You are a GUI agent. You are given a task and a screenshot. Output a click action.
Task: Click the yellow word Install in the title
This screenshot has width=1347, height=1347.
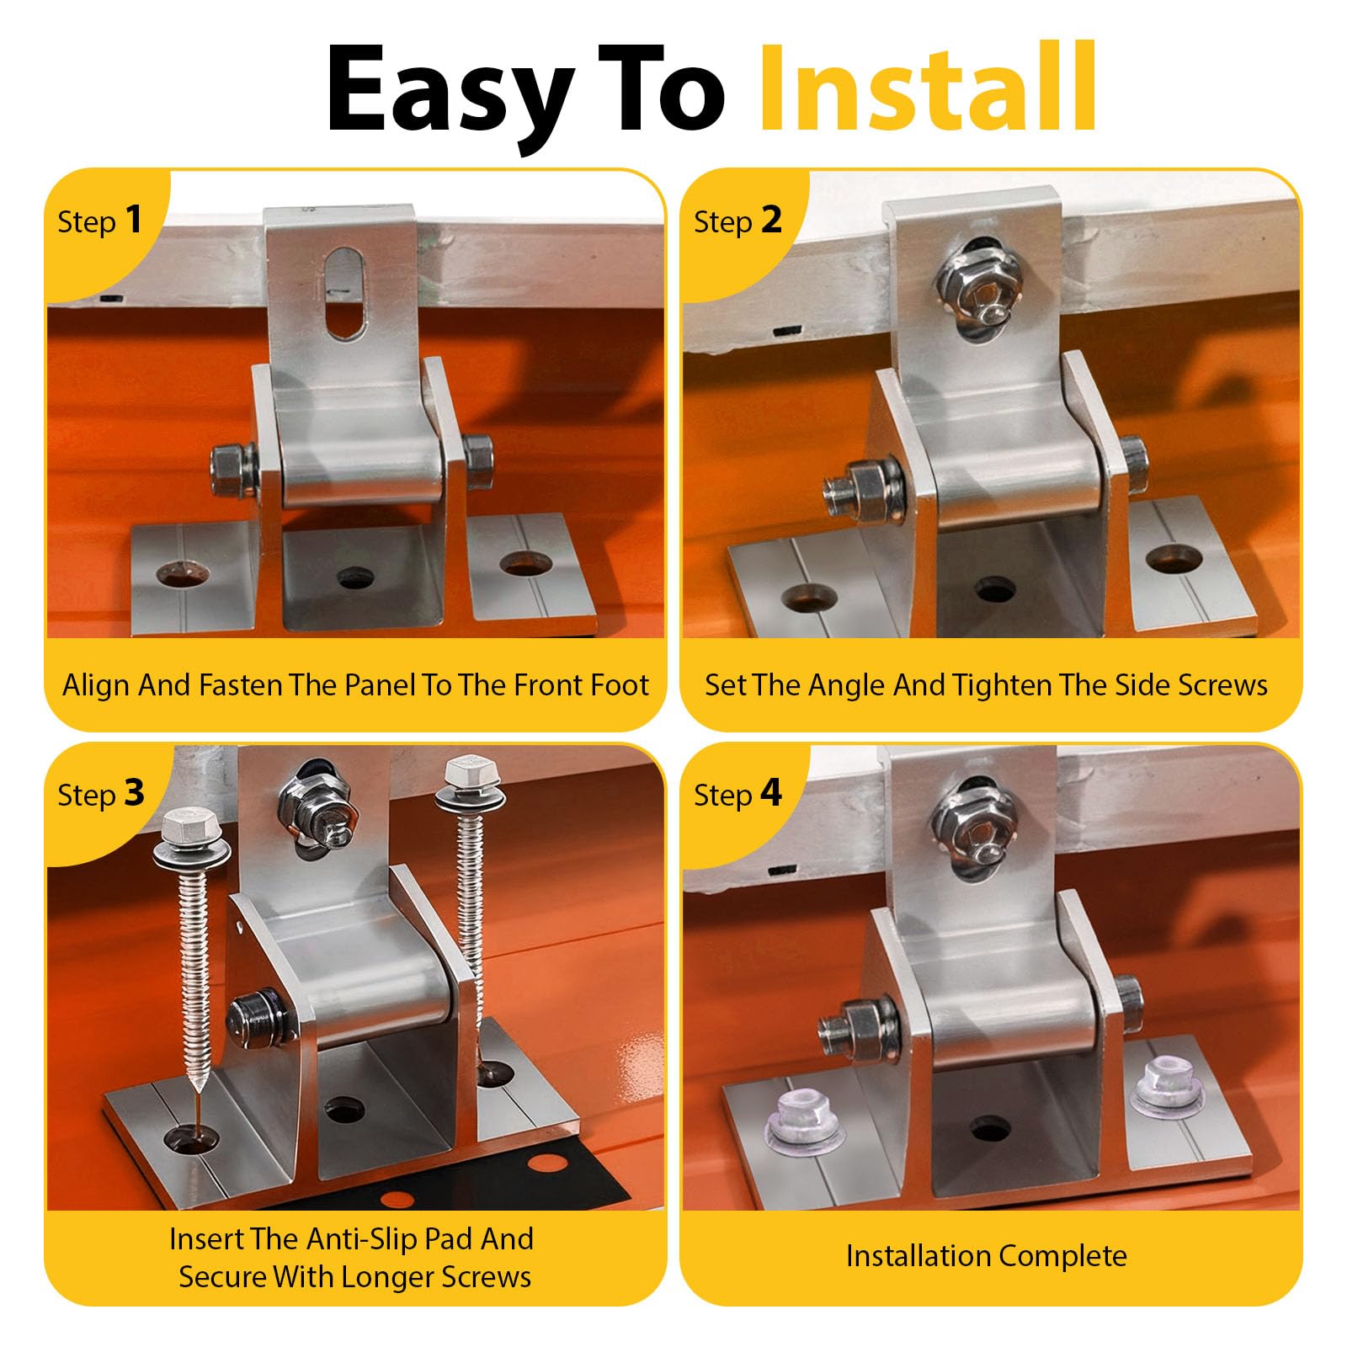pyautogui.click(x=929, y=89)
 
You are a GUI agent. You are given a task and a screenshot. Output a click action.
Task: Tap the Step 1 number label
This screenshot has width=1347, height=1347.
pyautogui.click(x=99, y=221)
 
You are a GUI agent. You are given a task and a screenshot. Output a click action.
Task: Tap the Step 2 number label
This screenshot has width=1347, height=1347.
pyautogui.click(x=737, y=221)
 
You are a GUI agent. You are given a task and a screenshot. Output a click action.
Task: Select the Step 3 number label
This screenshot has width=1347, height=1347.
pyautogui.click(x=100, y=794)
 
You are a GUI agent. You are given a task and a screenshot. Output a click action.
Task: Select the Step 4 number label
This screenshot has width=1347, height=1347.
pyautogui.click(x=737, y=794)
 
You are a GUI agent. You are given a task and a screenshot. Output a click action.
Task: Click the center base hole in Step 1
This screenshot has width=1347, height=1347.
pyautogui.click(x=355, y=578)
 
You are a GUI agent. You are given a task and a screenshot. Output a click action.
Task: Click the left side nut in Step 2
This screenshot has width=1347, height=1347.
pyautogui.click(x=863, y=490)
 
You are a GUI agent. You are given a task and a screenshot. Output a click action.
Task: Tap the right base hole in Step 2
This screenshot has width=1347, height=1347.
pyautogui.click(x=1174, y=557)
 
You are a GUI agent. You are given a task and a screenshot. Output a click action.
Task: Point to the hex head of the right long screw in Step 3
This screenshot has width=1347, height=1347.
pyautogui.click(x=463, y=773)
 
